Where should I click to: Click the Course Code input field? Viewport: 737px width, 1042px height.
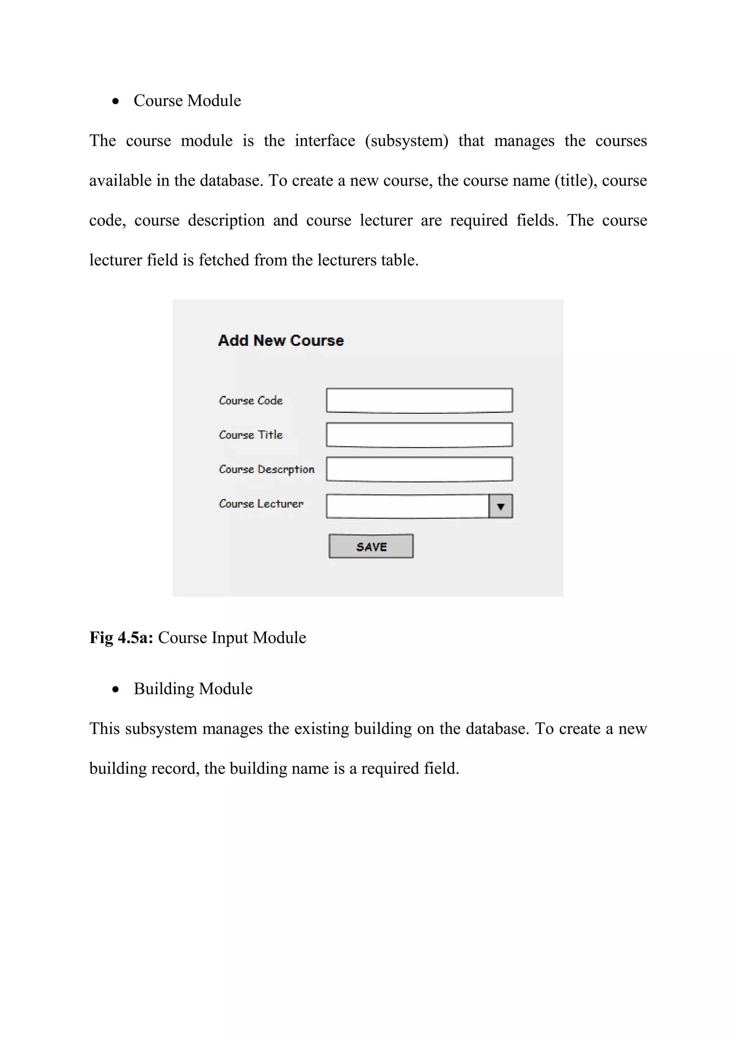(419, 400)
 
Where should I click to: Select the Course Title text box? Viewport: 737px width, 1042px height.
(419, 435)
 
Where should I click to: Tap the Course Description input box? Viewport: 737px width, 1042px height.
(419, 469)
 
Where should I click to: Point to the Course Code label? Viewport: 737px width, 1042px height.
(250, 400)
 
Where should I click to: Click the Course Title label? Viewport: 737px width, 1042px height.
(250, 435)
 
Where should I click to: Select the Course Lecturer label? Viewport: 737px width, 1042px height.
(261, 504)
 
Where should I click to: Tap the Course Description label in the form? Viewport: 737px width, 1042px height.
(266, 469)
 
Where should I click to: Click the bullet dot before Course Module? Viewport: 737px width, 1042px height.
(116, 101)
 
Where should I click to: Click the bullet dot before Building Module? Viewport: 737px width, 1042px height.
(116, 689)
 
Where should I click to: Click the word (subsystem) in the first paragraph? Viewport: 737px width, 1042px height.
(407, 141)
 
